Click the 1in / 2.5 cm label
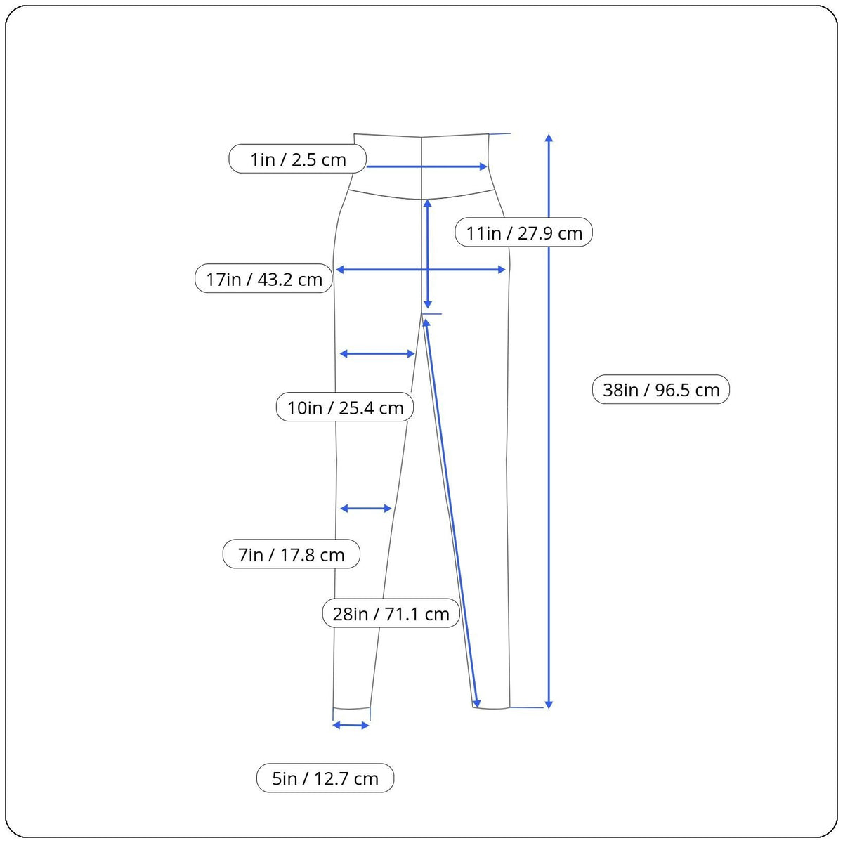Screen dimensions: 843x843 [298, 159]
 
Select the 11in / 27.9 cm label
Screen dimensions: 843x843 [524, 233]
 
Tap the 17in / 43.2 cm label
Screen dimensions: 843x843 [263, 279]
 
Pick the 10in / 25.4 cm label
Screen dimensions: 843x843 [345, 407]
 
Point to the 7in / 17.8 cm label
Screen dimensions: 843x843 [292, 554]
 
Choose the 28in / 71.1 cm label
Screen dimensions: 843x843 [391, 613]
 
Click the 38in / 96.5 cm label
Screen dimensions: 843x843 [661, 389]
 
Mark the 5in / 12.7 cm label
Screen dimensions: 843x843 [325, 778]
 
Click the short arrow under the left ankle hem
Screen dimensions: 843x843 [351, 725]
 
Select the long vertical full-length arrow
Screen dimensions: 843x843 [549, 421]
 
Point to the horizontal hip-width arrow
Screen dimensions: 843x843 [421, 270]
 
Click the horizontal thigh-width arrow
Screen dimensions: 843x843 [377, 354]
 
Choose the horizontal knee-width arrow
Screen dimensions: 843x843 [366, 508]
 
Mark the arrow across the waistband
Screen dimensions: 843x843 [426, 166]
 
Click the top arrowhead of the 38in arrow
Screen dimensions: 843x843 [549, 137]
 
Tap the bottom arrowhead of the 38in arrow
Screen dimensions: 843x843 [549, 704]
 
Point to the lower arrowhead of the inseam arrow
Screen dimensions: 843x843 [477, 702]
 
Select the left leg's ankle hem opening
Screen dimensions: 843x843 [351, 708]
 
